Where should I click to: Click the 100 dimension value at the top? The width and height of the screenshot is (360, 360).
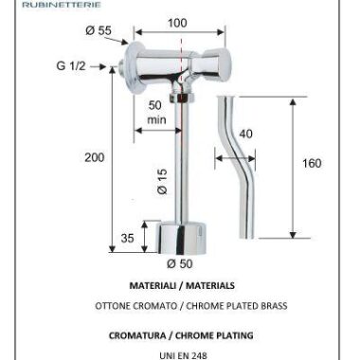coord(177,23)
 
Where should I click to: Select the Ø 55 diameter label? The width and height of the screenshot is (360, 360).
coord(99,30)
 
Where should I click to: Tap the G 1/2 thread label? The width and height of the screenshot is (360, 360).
coord(71,65)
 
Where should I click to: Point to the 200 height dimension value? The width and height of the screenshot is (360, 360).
coord(94,157)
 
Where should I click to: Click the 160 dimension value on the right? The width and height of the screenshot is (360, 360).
coord(312,163)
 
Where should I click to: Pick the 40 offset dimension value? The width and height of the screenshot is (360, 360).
coord(245,134)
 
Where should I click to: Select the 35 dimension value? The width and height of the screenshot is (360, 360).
coord(127,238)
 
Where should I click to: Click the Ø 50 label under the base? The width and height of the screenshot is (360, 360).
coord(180,263)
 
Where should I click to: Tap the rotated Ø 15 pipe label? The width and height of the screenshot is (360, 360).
coord(162,181)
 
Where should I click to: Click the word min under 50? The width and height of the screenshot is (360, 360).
coord(156,119)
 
